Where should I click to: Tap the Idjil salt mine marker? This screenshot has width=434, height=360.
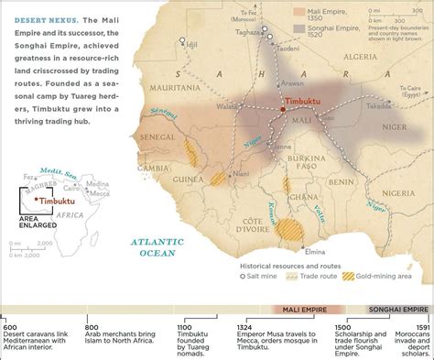(x=183, y=40)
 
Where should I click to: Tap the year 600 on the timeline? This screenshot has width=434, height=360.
(x=10, y=327)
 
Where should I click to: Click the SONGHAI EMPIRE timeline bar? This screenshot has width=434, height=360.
(x=398, y=310)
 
